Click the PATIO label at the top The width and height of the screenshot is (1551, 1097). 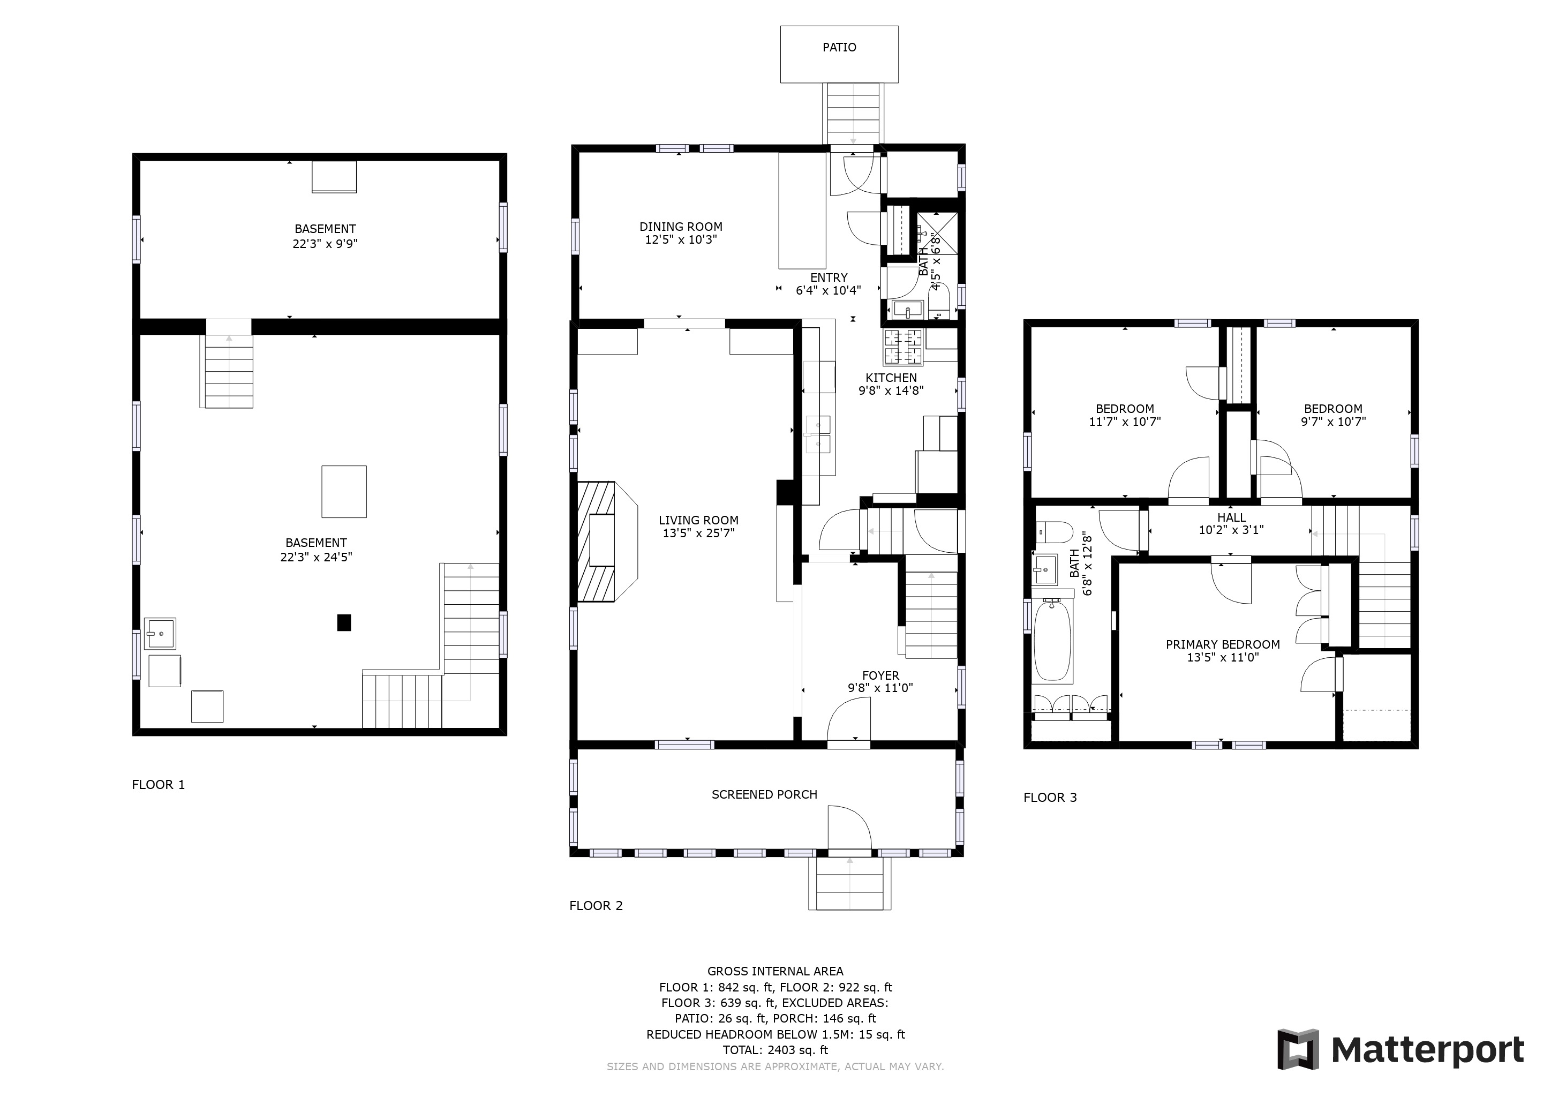tap(839, 47)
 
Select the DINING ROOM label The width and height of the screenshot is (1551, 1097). tap(681, 227)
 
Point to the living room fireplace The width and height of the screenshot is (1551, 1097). tap(607, 541)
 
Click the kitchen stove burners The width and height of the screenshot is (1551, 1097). tap(903, 347)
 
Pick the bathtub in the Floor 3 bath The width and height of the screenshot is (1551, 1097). tap(1052, 641)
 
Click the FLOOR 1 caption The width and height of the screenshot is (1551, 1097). tap(158, 784)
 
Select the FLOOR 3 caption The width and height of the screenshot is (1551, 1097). tap(1050, 797)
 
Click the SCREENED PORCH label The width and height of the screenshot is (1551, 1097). tap(764, 794)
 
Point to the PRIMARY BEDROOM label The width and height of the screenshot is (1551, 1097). tap(1223, 644)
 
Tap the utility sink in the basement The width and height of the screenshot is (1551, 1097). tap(160, 634)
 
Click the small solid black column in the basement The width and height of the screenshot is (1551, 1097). tap(344, 622)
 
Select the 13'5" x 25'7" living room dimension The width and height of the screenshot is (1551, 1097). tap(698, 533)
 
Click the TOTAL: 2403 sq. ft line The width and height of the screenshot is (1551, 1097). tap(775, 1050)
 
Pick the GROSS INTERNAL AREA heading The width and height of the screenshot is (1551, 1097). tap(775, 971)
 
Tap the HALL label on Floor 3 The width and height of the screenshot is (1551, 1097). tap(1231, 517)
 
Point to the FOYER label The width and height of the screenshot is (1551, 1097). tap(880, 675)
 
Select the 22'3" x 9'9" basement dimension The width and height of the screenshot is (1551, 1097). tap(325, 243)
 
